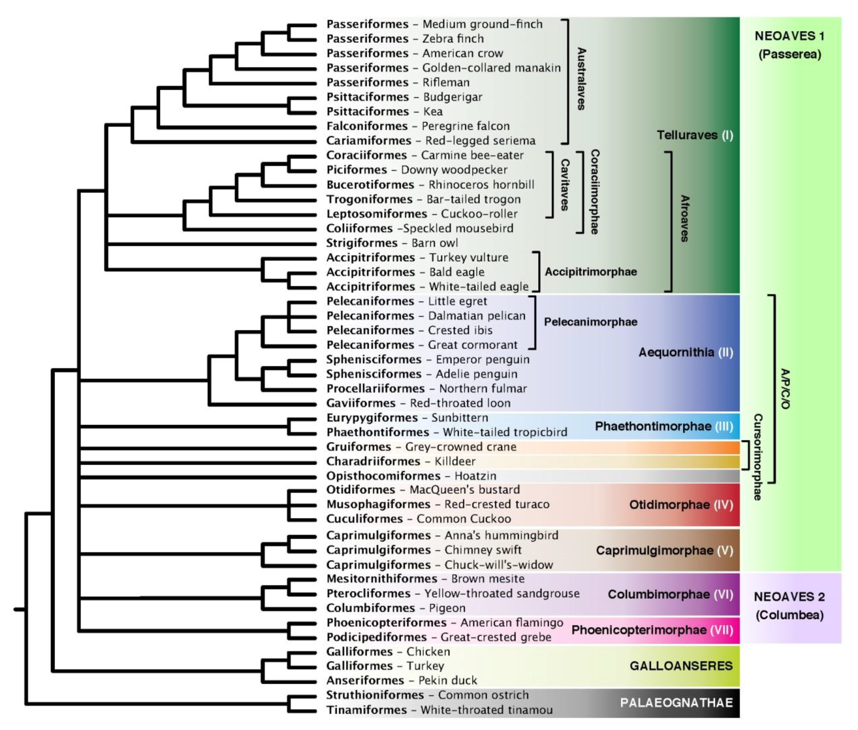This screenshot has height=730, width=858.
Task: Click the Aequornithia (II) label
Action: click(685, 353)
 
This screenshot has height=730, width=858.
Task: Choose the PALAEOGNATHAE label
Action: click(676, 703)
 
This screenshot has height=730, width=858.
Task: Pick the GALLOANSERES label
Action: click(681, 666)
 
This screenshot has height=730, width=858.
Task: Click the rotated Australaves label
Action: click(581, 79)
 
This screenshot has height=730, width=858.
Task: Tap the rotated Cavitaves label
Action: click(564, 185)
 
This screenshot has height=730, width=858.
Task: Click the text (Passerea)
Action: click(789, 54)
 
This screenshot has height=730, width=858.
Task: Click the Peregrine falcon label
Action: click(466, 126)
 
